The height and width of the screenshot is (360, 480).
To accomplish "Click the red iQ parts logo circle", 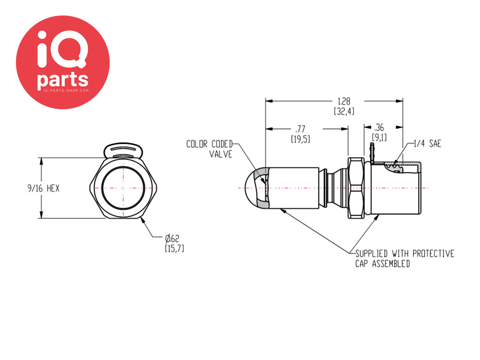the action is coord(63,62).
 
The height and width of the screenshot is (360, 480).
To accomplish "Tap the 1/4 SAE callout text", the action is coord(427,143).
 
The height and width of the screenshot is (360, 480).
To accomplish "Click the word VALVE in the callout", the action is coord(221,154).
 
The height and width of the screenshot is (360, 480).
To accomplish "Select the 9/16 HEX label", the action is coord(44,188).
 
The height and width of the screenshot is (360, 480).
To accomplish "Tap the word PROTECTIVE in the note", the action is coord(434,254).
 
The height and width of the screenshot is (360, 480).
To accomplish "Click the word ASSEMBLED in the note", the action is coord(391,263).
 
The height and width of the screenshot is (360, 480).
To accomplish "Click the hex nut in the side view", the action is coord(356,188).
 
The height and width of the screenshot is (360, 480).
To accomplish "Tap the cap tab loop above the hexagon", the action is coord(123,150).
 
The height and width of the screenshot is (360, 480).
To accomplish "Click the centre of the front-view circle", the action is coord(123,188).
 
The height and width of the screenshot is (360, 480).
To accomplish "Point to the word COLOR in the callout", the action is coord(197,144).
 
